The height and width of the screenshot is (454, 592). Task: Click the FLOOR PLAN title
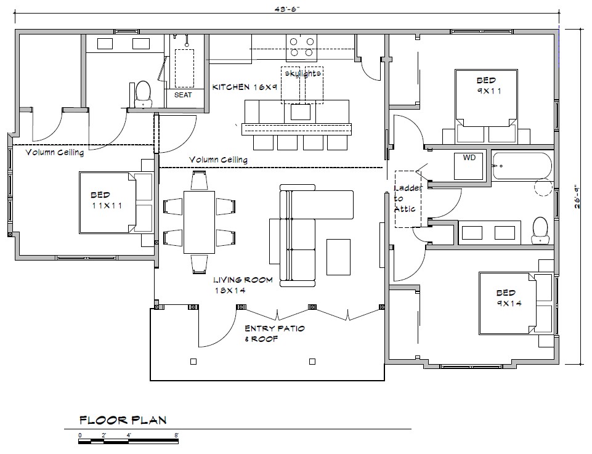[123, 420]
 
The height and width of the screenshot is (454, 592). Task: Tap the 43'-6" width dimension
[287, 9]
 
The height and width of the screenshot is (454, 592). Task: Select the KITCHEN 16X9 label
[245, 87]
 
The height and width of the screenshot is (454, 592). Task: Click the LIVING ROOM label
[243, 280]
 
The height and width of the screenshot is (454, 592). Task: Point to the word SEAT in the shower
[183, 95]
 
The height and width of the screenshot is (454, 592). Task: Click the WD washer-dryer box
[469, 166]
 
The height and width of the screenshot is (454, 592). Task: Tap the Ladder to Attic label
[407, 198]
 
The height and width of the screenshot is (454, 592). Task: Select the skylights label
[303, 73]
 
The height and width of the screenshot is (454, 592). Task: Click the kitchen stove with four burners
[301, 47]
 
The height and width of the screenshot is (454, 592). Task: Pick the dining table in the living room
[200, 222]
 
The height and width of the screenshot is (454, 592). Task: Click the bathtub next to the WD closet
[522, 166]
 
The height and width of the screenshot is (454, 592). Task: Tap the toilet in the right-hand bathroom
[540, 230]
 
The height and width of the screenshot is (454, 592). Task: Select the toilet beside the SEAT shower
[143, 94]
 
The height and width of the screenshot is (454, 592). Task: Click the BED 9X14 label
[507, 298]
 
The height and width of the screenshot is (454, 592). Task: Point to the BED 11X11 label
[107, 200]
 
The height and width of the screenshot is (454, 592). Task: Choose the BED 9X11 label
[487, 86]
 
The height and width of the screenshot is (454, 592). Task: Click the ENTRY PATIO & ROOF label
[275, 334]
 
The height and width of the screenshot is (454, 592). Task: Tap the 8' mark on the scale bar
[176, 435]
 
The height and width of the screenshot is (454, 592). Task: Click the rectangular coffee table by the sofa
[339, 257]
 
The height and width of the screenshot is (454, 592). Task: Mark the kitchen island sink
[300, 112]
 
